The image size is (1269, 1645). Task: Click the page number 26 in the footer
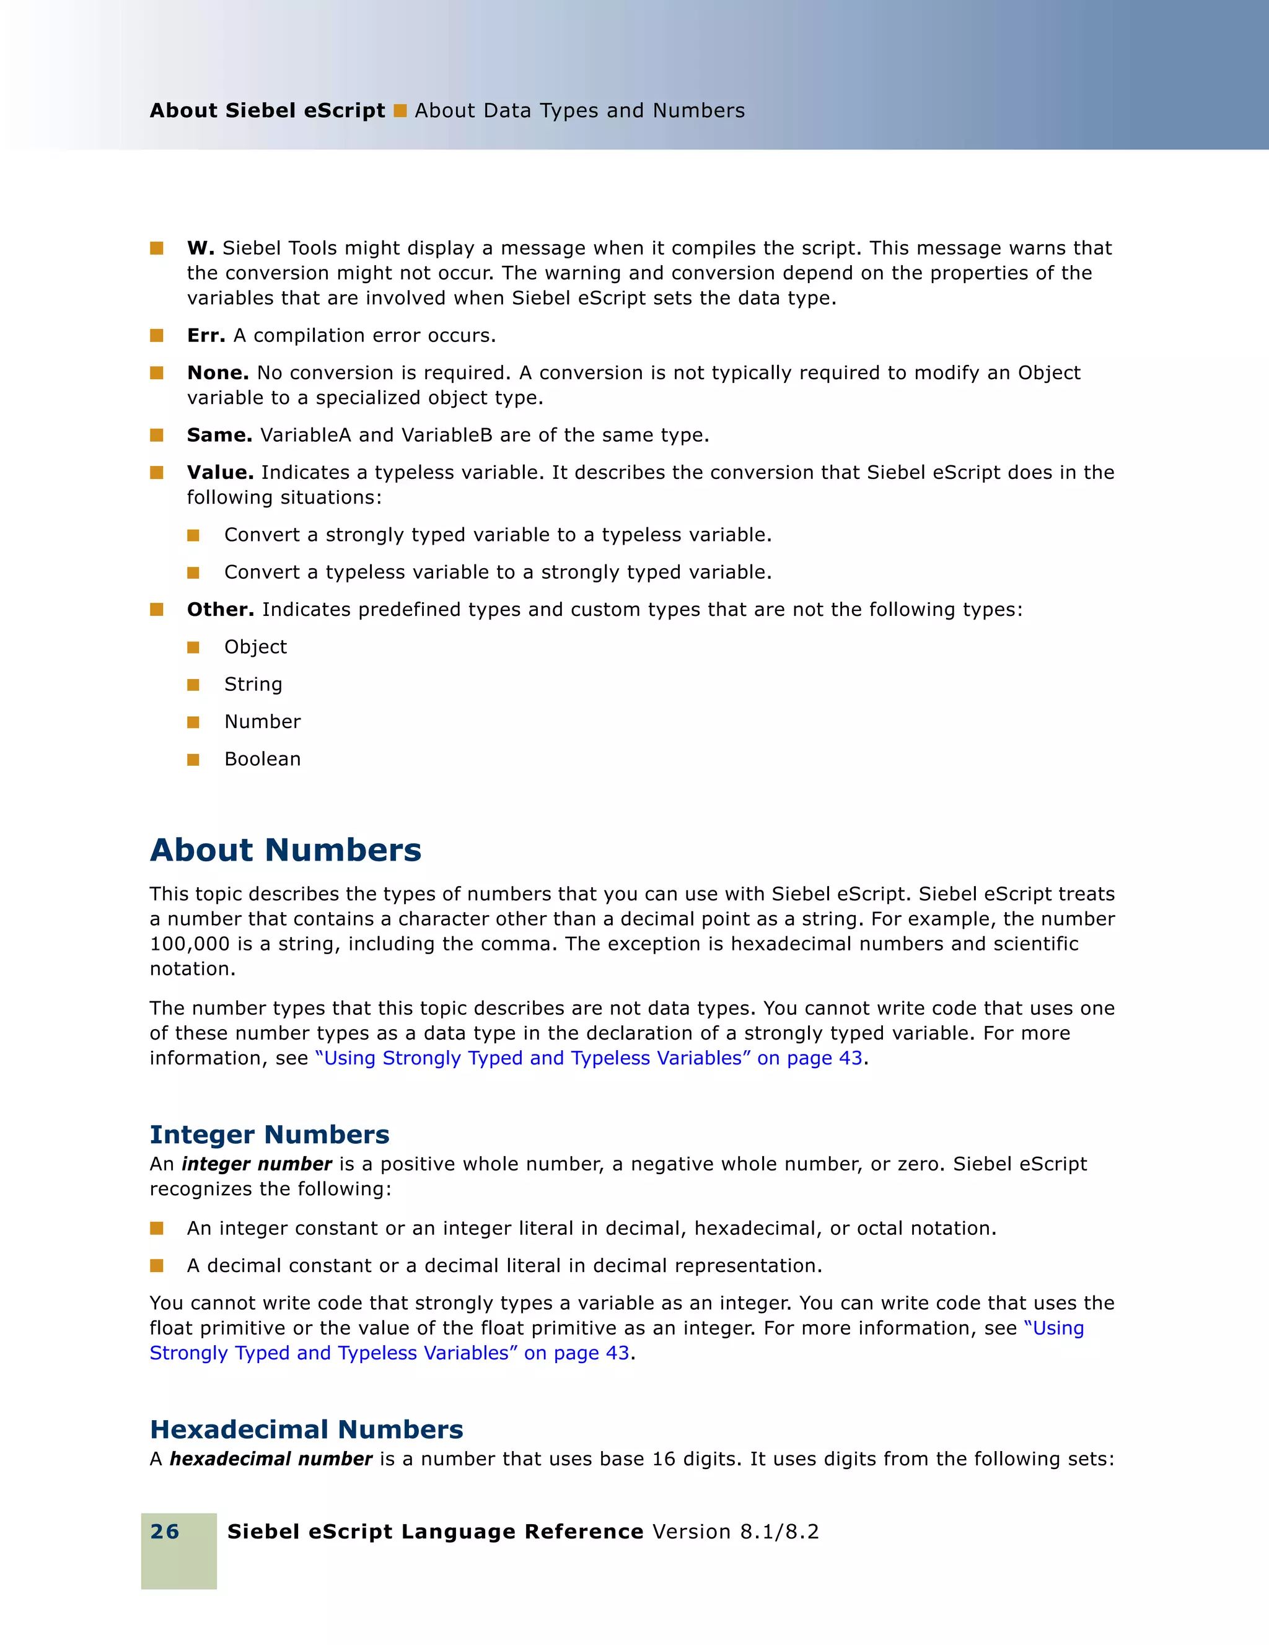[165, 1531]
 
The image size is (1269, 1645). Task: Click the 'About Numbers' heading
[286, 849]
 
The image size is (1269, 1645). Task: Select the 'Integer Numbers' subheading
[270, 1134]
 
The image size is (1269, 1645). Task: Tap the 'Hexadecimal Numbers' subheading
[307, 1429]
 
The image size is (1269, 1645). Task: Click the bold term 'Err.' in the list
[206, 335]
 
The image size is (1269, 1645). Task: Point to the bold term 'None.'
[217, 373]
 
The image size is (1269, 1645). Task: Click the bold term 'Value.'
[220, 472]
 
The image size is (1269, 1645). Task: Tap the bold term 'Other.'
[220, 609]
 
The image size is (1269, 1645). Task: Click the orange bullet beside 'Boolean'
[193, 759]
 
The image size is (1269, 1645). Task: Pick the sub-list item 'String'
[253, 684]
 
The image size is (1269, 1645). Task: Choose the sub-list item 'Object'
[255, 647]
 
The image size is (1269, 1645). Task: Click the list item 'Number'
[262, 722]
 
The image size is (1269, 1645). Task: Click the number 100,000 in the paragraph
[189, 944]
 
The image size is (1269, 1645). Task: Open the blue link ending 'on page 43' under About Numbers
[589, 1058]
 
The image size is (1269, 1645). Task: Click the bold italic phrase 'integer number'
[257, 1164]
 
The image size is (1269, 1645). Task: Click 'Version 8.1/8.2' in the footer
[735, 1531]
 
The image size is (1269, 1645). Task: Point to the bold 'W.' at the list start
[200, 248]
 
